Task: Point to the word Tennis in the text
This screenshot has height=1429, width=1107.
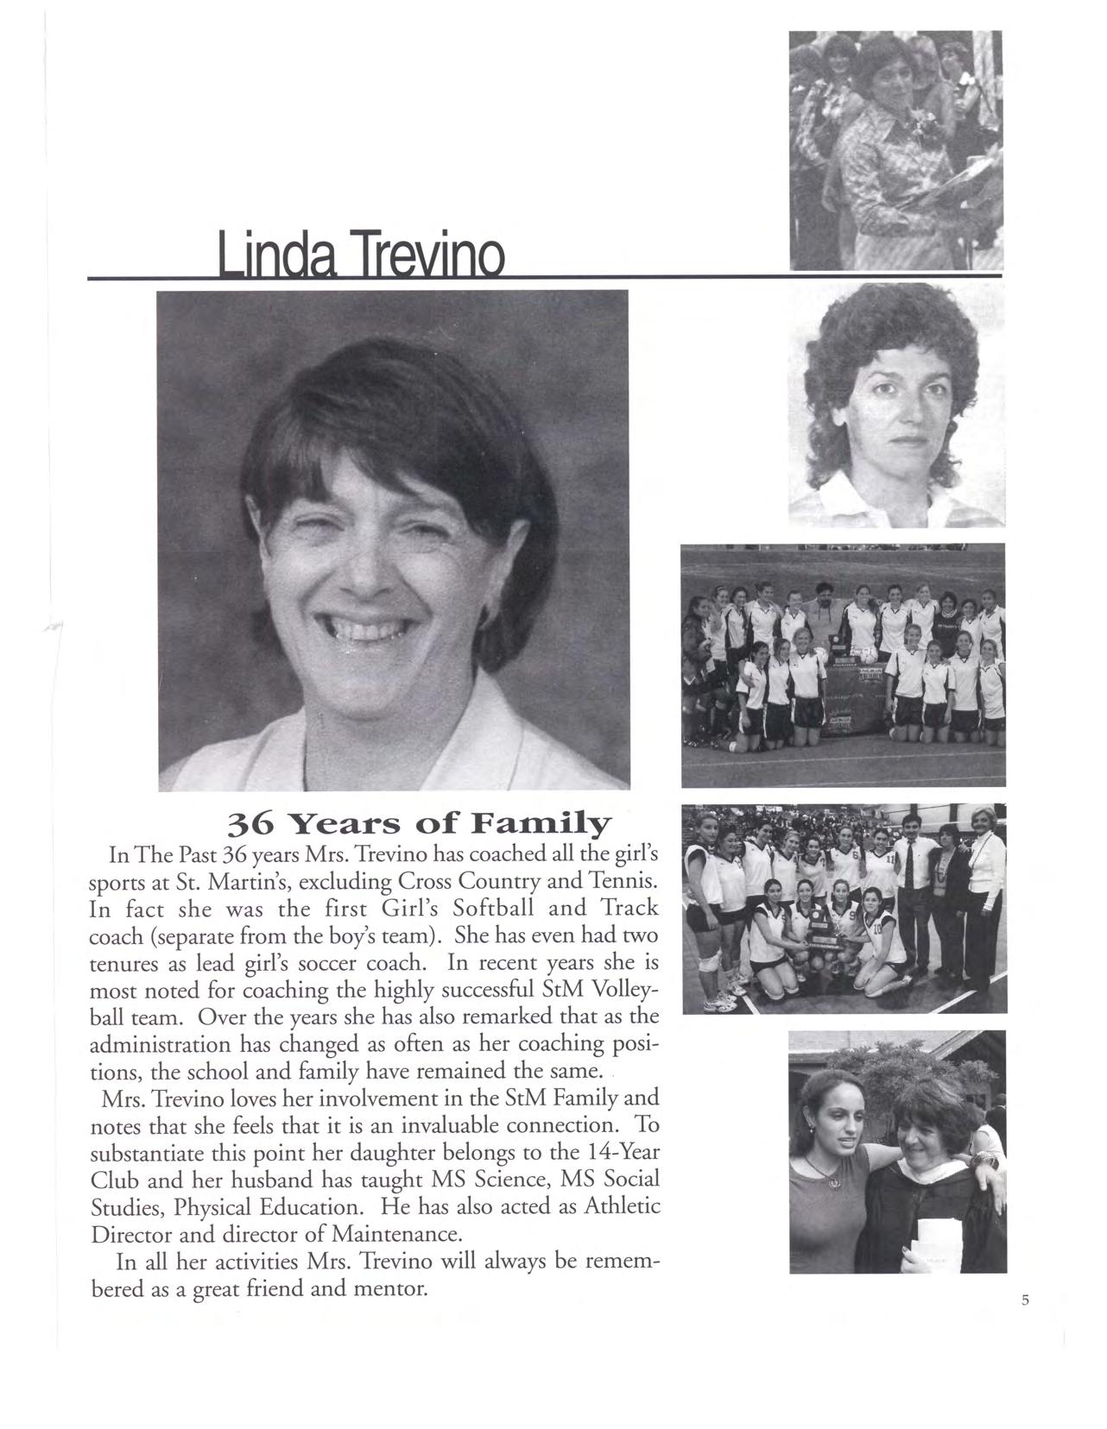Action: point(626,882)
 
